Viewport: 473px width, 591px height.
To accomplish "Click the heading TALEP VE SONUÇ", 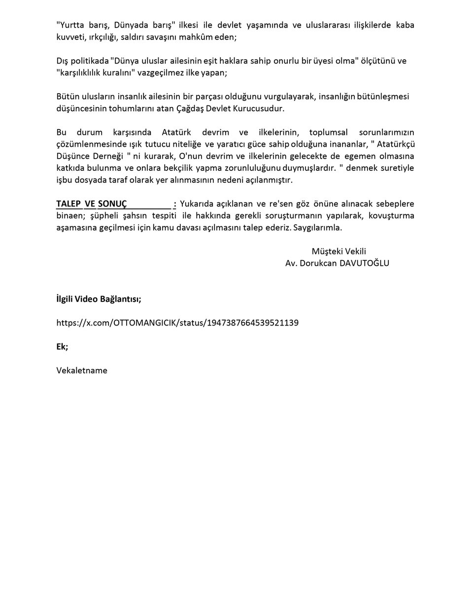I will click(x=92, y=204).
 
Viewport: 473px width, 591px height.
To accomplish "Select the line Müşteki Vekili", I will click(x=338, y=251).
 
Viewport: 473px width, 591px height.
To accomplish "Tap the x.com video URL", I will click(x=177, y=323).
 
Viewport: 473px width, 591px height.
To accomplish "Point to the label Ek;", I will click(x=62, y=346).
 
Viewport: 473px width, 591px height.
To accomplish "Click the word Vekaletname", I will click(x=82, y=370).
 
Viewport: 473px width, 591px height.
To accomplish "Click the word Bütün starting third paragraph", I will click(x=68, y=97).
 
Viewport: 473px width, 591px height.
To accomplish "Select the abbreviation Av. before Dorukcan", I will click(x=291, y=263).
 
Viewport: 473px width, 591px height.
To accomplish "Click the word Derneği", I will click(x=106, y=156).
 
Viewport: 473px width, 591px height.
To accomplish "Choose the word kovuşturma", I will click(x=391, y=216).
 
